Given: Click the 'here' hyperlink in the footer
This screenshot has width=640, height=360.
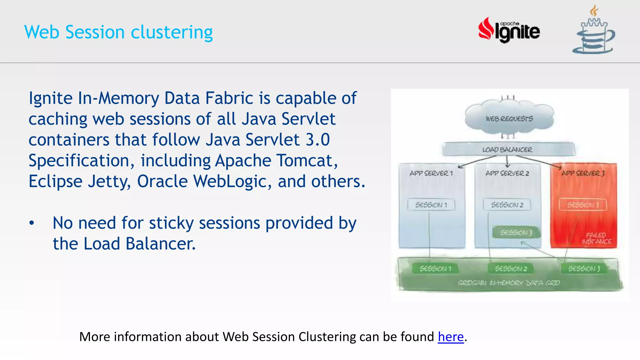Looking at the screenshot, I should coord(450,337).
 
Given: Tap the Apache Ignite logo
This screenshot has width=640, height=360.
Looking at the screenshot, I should coord(509,30).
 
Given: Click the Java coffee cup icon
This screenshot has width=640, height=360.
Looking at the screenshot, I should coord(593,31).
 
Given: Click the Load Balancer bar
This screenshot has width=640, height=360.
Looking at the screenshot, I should coord(507,149).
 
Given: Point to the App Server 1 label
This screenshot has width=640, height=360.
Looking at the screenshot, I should coord(431,173).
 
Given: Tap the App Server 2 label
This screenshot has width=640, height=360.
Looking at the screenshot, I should coord(507,173).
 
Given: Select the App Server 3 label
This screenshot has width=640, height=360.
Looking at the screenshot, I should coord(583,173).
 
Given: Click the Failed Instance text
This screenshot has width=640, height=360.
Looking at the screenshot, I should coord(596,238).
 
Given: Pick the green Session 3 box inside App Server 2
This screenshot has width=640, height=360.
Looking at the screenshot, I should coord(516,232).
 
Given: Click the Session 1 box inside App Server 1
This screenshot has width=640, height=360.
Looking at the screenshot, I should coord(431,205).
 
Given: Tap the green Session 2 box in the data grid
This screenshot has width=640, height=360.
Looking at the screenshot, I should coord(511,268).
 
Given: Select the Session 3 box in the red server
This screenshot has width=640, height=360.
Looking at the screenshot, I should coord(583,205).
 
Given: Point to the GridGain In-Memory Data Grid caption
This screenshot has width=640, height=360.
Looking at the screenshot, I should coord(509,283).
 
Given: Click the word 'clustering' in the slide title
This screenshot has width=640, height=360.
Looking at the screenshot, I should coord(172,32).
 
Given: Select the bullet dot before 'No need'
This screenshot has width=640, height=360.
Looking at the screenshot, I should coord(32,223).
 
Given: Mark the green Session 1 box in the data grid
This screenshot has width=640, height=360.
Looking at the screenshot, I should coord(435,268).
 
